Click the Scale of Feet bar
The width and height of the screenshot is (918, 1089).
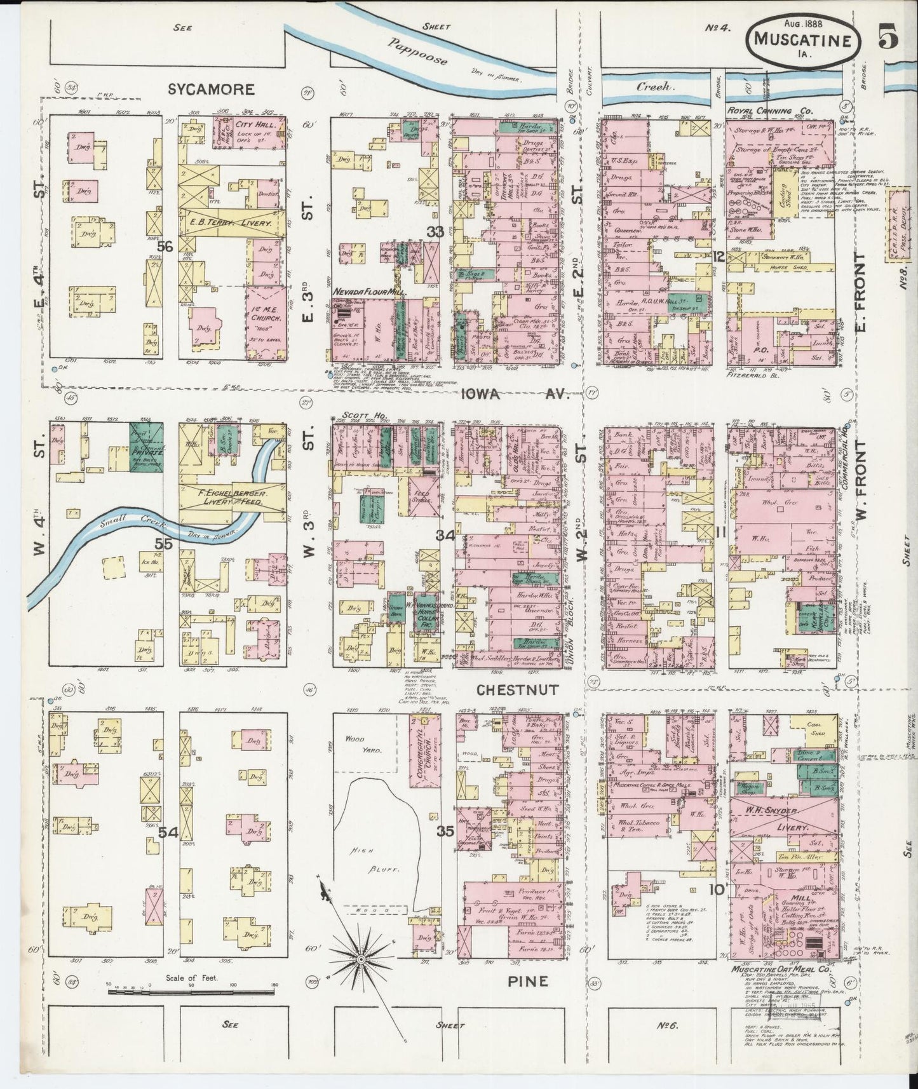pyautogui.click(x=191, y=1004)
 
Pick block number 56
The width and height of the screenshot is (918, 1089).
pyautogui.click(x=166, y=247)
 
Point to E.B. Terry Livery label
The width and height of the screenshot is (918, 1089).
pyautogui.click(x=232, y=224)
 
